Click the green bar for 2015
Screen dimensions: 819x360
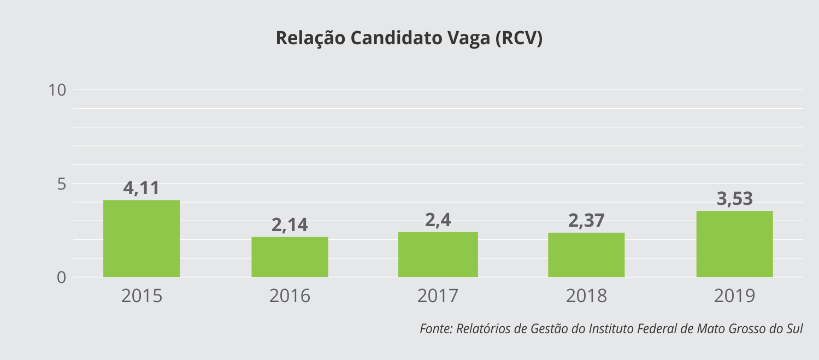(x=142, y=238)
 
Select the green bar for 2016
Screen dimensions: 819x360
(x=290, y=257)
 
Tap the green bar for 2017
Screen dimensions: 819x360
(x=438, y=255)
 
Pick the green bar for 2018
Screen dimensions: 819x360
(x=586, y=255)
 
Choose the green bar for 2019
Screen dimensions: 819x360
(x=734, y=244)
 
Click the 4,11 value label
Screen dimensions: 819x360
(x=141, y=188)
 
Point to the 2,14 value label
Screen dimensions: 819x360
(x=290, y=225)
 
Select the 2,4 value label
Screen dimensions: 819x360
(x=438, y=220)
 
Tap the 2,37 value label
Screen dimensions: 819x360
(x=586, y=220)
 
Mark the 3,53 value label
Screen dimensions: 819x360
(x=734, y=199)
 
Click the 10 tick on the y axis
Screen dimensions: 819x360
(x=57, y=90)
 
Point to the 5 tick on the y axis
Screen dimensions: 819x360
(x=62, y=184)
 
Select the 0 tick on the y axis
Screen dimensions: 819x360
(x=61, y=278)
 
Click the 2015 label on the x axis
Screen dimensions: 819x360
(x=142, y=296)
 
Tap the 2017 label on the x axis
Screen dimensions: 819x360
(x=438, y=296)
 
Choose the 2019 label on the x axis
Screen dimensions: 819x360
(x=734, y=296)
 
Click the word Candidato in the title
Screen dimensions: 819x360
(x=397, y=38)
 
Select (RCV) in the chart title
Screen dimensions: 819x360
(x=519, y=38)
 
